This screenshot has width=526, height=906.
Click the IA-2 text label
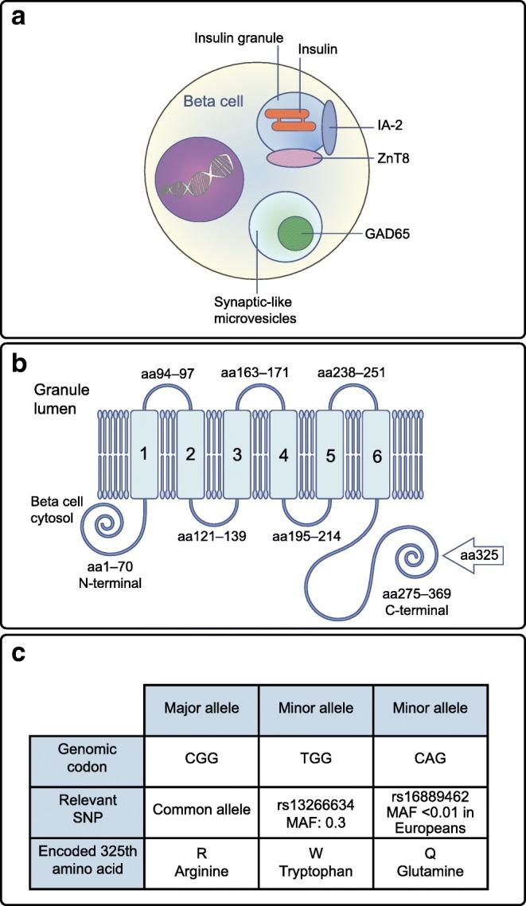(392, 125)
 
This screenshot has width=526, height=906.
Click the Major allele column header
(197, 708)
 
